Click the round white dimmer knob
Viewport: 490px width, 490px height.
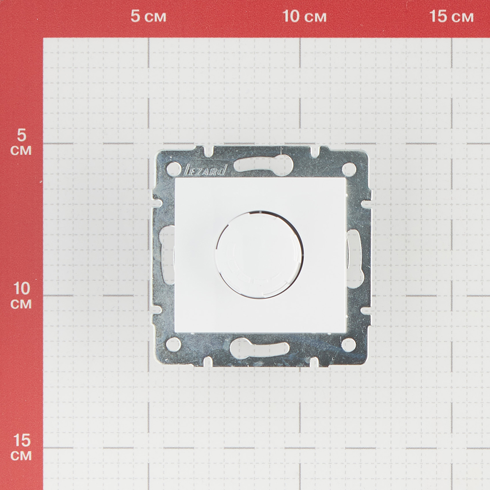pos(259,255)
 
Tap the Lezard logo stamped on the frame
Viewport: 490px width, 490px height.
pos(205,171)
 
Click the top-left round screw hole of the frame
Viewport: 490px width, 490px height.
pos(174,169)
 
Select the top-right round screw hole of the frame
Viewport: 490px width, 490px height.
pos(349,169)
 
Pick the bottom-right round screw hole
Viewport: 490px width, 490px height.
pos(348,344)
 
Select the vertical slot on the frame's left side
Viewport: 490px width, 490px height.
pos(168,255)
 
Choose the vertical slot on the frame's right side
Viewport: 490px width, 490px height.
pos(354,259)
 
